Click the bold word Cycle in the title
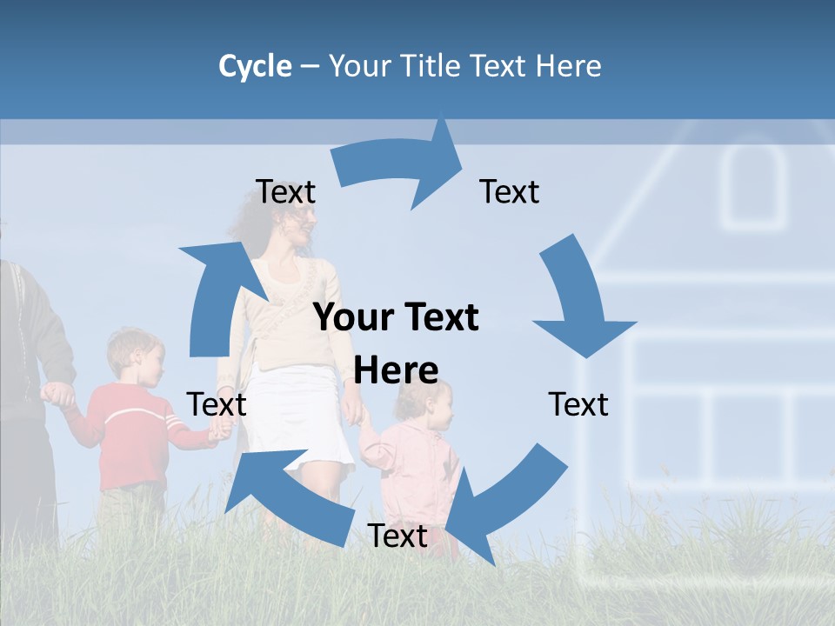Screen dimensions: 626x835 (255, 66)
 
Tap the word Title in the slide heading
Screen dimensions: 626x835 (431, 66)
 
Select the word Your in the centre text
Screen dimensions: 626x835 (345, 318)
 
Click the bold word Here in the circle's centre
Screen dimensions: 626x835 (396, 371)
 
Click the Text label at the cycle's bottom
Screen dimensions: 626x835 (397, 536)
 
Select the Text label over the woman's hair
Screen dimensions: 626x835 (285, 192)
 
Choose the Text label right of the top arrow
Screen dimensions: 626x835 (510, 192)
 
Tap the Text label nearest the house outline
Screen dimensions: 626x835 (578, 405)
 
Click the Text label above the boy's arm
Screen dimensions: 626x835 (217, 405)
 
